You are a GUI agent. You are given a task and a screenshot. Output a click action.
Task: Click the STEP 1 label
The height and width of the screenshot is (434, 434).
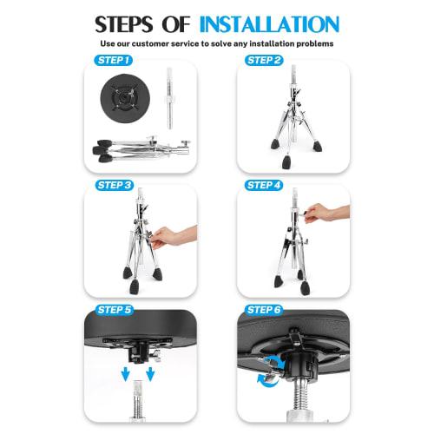(113, 61)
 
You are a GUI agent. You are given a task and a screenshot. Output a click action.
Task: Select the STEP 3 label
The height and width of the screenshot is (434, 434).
(113, 186)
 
